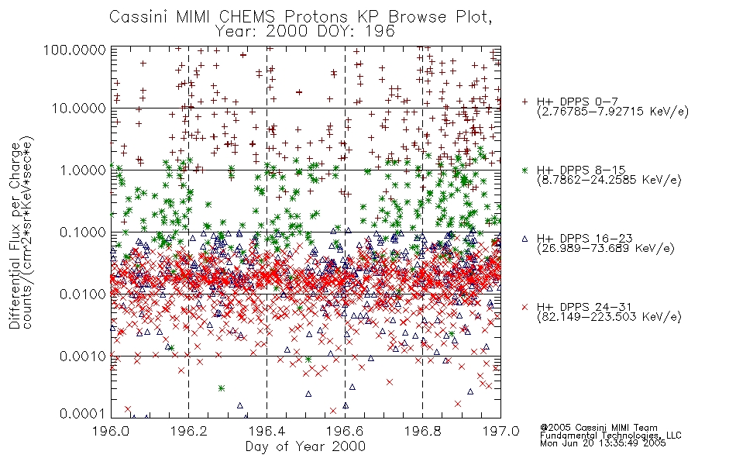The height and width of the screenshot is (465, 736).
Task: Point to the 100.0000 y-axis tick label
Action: point(75,50)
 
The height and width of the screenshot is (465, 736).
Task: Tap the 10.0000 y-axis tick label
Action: point(79,108)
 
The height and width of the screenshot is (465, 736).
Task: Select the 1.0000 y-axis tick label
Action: point(83,170)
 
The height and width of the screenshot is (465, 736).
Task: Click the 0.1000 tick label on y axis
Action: point(83,232)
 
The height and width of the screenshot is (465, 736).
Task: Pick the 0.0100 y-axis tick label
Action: point(83,294)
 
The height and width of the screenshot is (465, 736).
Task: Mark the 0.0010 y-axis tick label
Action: point(83,356)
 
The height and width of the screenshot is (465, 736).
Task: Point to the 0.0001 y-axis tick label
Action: point(83,414)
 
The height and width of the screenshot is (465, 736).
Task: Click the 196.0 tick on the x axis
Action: point(111,431)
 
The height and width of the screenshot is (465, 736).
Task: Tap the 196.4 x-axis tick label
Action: point(267,431)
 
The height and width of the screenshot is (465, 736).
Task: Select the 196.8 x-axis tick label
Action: point(422,431)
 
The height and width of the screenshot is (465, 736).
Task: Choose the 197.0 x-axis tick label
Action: point(500,431)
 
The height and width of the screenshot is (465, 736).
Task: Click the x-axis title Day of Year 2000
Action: point(305,446)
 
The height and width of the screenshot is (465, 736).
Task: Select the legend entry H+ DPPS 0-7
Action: point(577,102)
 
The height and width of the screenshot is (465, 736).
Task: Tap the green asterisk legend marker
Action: point(524,170)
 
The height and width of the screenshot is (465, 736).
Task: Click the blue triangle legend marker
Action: point(524,239)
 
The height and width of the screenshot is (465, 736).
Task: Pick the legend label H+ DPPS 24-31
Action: point(584,307)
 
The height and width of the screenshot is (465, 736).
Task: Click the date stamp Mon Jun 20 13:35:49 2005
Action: point(603,443)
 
